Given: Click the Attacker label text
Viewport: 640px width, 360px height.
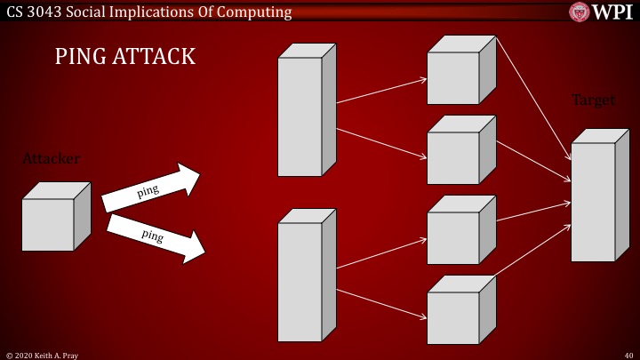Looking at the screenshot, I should point(51,159).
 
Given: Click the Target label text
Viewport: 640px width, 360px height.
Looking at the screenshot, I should point(593,100).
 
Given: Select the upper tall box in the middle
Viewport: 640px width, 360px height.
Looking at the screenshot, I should point(302,114).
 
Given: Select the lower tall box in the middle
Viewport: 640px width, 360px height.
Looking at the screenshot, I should point(302,279).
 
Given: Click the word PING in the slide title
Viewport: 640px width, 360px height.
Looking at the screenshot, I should point(76,57).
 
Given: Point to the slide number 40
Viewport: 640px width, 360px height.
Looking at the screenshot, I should point(628,355).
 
